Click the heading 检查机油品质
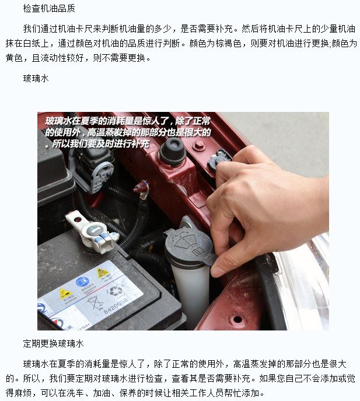click(49, 8)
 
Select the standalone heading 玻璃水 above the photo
click(36, 78)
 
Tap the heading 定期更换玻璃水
click(53, 343)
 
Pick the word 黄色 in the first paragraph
click(14, 58)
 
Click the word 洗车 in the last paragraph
click(75, 393)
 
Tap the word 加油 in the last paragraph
click(102, 393)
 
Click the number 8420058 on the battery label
click(116, 306)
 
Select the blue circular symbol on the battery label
click(82, 282)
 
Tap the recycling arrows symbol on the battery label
click(115, 290)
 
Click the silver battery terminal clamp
click(92, 232)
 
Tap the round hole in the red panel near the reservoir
click(237, 319)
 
